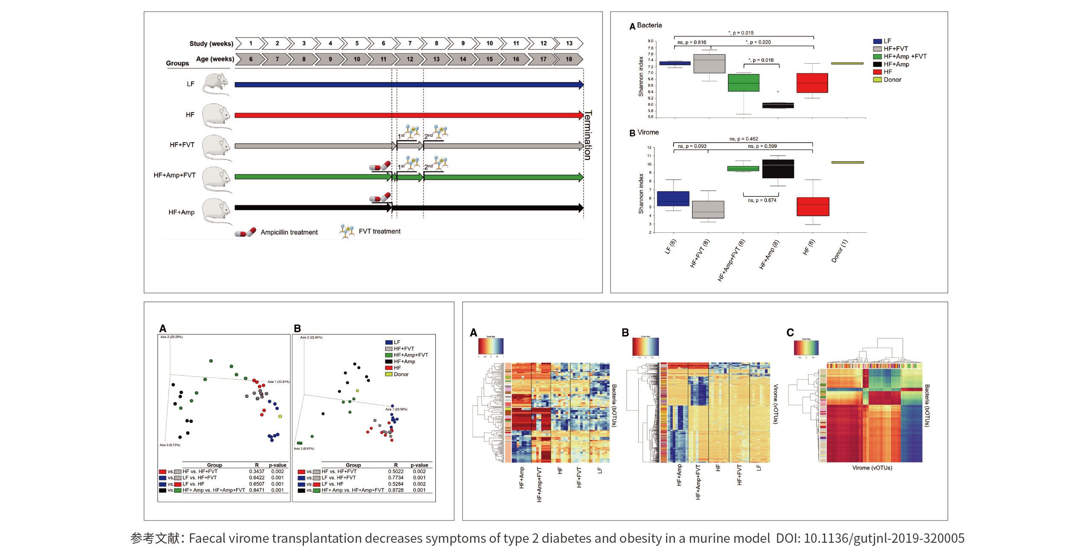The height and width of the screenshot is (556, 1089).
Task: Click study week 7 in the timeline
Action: (410, 43)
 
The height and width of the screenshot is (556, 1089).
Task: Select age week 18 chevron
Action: (569, 59)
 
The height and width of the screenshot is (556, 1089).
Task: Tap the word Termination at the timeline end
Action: (588, 135)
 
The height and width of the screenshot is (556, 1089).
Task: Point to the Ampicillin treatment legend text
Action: (289, 232)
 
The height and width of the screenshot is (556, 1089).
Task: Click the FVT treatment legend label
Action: (380, 231)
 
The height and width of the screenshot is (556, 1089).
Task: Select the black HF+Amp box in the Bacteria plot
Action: (778, 105)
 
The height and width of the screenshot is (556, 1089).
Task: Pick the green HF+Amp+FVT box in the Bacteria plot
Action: (743, 83)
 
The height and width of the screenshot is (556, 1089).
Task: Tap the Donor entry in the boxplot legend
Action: (892, 80)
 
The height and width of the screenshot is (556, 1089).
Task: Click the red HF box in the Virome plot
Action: (813, 207)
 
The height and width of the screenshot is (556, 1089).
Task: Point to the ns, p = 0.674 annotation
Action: (762, 200)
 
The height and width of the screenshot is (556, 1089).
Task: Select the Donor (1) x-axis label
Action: (839, 251)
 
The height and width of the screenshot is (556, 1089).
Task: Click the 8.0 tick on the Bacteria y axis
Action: (650, 41)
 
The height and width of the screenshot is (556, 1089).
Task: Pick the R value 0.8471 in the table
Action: (257, 490)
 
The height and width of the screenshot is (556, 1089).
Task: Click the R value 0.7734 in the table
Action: (396, 478)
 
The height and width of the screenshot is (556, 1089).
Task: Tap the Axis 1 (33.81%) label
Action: (278, 382)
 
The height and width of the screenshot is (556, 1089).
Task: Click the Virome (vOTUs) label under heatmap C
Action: (872, 468)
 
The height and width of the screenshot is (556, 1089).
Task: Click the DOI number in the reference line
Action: (884, 538)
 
